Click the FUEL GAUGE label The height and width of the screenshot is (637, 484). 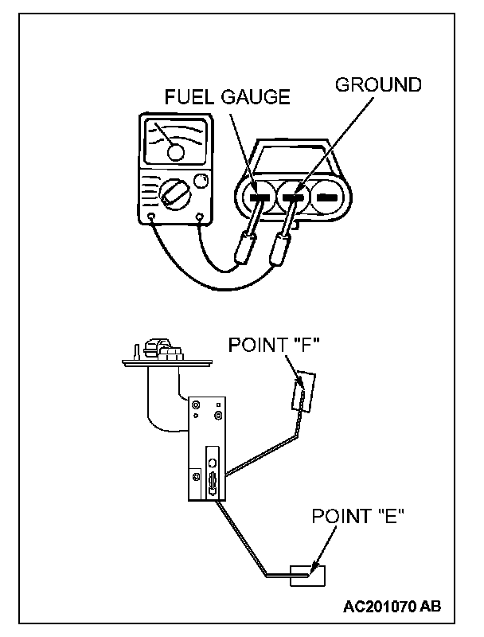(x=227, y=97)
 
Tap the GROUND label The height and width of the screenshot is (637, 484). (x=378, y=84)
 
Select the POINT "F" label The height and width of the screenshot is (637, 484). (x=274, y=346)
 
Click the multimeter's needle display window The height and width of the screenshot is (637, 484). (x=175, y=143)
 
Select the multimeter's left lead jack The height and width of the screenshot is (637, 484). (x=151, y=216)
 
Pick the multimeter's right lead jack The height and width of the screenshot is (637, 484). (x=199, y=216)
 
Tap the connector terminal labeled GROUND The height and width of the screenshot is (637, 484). (x=294, y=196)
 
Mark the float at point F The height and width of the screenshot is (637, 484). (x=305, y=392)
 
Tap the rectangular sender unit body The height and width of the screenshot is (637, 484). (x=205, y=450)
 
